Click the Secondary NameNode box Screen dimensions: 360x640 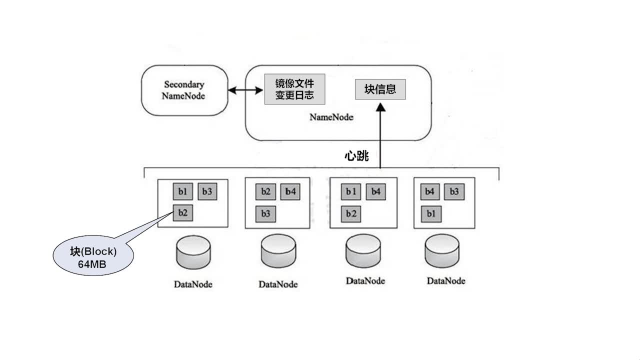184,90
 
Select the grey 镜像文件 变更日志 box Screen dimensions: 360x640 294,89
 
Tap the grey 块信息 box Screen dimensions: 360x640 380,89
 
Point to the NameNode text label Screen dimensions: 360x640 331,117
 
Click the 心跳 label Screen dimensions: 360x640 356,156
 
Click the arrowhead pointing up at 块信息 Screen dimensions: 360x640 380,107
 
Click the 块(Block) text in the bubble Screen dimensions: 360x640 93,251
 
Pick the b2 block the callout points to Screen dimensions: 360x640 182,213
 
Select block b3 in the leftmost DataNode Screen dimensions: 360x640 207,191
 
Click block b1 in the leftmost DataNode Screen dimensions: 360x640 182,191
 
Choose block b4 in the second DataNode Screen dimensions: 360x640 290,191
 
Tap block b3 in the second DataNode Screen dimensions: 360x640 265,213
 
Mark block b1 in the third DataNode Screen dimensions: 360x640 351,191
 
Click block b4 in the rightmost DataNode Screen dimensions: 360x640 429,191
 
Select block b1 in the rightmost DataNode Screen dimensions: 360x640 430,213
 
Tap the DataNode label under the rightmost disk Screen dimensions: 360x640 446,280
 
